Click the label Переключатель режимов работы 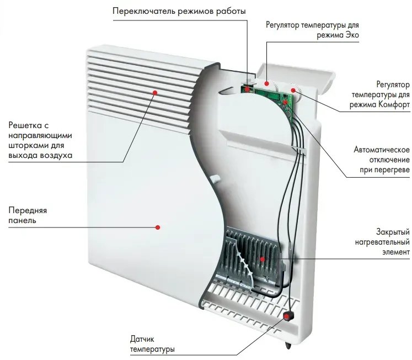click(x=179, y=12)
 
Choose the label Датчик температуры click(x=152, y=345)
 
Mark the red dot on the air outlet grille click(x=156, y=93)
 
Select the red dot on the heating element click(x=263, y=258)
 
